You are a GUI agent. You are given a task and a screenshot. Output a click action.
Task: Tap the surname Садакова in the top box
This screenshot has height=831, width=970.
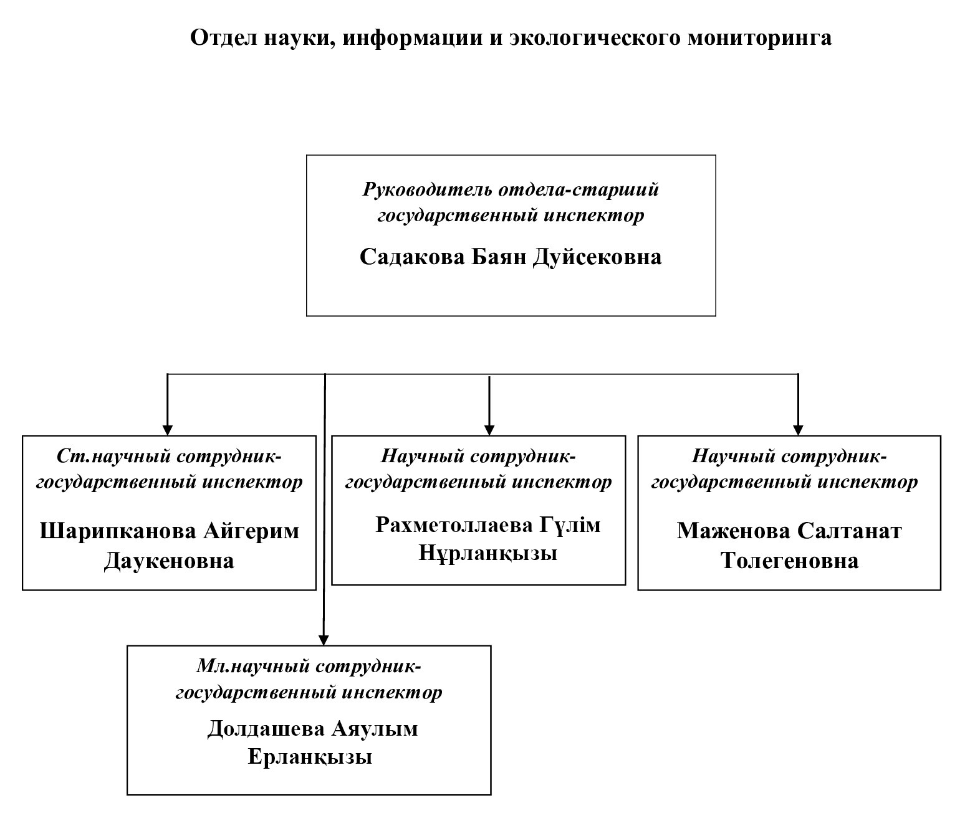click(411, 257)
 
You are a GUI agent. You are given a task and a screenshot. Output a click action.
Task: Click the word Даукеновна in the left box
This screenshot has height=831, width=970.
click(169, 561)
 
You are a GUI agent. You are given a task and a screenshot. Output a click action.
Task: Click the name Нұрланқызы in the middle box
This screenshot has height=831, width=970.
click(487, 553)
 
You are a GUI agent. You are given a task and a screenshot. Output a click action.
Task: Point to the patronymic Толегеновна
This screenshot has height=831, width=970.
click(789, 561)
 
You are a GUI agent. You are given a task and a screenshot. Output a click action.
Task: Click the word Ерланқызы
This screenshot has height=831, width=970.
click(310, 757)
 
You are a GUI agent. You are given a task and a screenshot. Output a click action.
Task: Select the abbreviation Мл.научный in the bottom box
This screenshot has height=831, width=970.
click(252, 667)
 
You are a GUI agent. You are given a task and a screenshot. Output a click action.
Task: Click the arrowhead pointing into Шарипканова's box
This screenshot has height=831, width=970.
click(167, 430)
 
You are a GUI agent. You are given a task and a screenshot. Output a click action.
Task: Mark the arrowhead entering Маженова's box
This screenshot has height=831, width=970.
click(798, 430)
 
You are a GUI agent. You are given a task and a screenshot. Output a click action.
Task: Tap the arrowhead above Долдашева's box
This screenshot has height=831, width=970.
click(323, 640)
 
